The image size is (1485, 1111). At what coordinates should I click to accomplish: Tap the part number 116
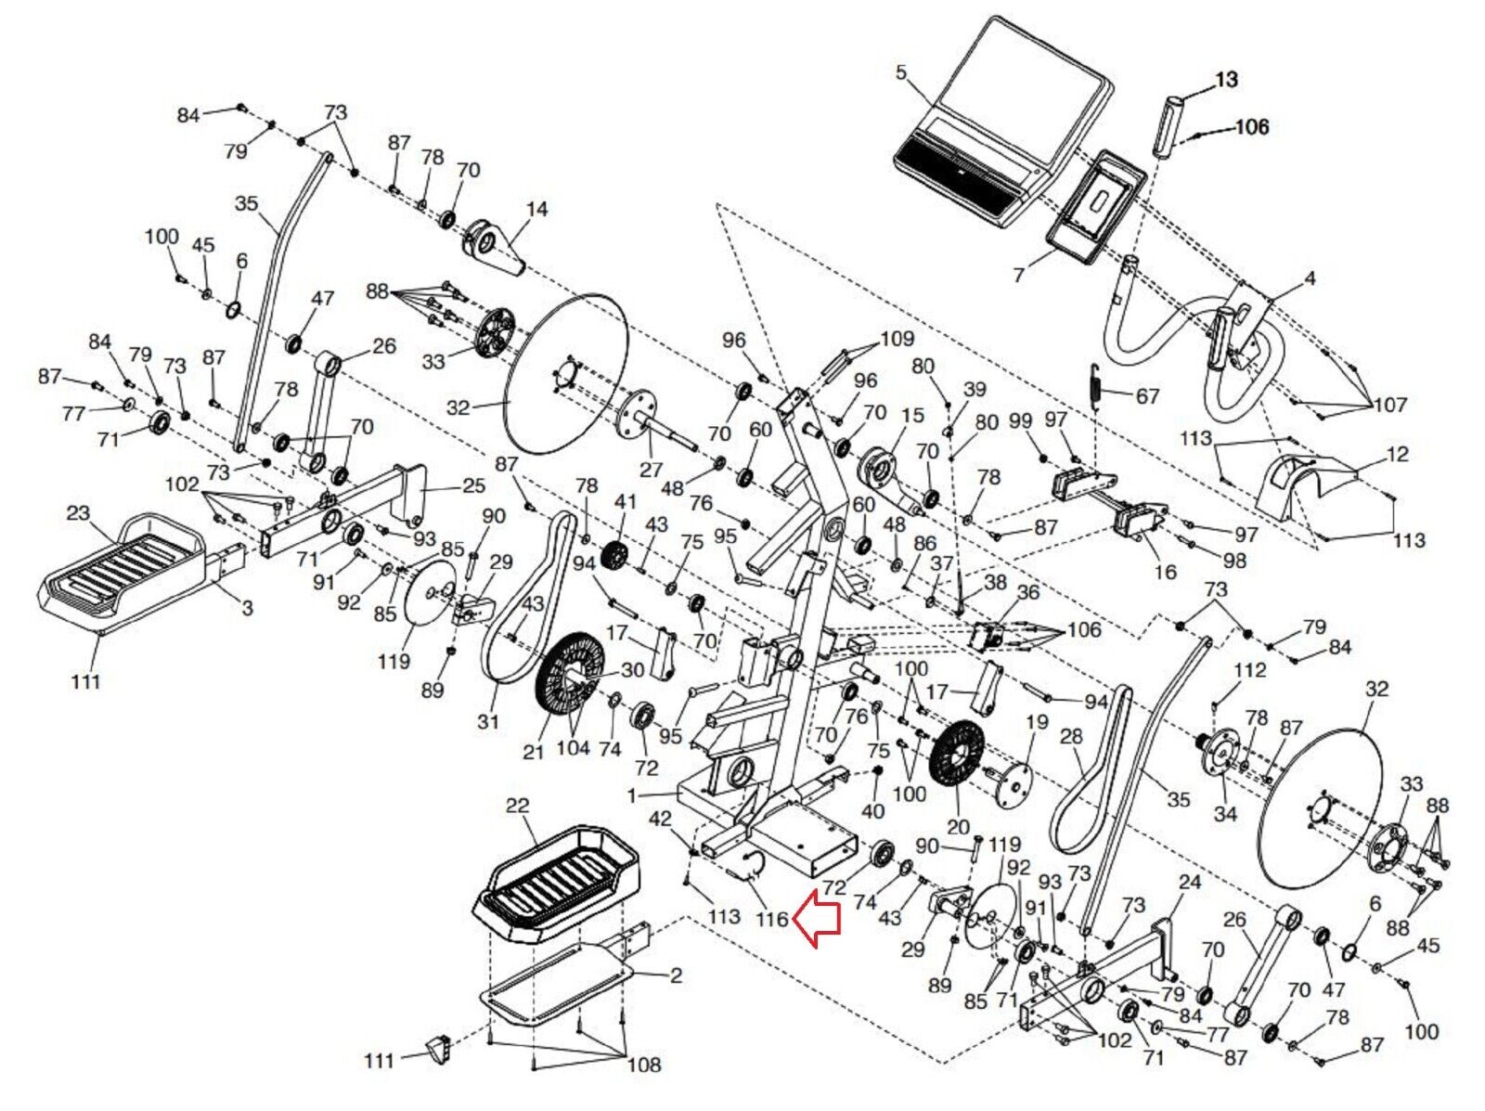point(771,920)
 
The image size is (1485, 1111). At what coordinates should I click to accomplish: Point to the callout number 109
point(897,339)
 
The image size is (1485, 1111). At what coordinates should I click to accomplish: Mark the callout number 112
point(1249,670)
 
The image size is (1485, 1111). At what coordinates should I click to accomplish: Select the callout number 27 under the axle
point(651,470)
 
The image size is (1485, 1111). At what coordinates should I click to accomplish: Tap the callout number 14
point(536,210)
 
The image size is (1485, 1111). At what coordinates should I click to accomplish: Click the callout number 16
point(1165,571)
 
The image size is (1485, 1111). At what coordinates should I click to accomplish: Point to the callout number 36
point(1027,593)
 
